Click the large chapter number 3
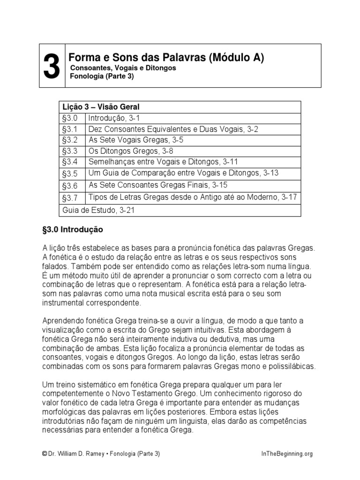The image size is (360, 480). [x=52, y=67]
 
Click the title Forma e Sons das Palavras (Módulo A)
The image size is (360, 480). [x=166, y=58]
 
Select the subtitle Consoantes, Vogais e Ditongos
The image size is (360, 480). [x=123, y=68]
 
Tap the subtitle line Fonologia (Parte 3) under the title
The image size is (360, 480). [x=102, y=76]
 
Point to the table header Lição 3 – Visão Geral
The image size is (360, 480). [x=100, y=107]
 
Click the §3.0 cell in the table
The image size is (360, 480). [x=71, y=118]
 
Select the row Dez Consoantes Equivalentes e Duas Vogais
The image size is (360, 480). [x=173, y=129]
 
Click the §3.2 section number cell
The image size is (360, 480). [x=71, y=140]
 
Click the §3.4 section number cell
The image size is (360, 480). [x=71, y=162]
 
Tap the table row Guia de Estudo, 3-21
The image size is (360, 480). [x=98, y=210]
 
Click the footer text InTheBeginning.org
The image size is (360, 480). [x=286, y=454]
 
